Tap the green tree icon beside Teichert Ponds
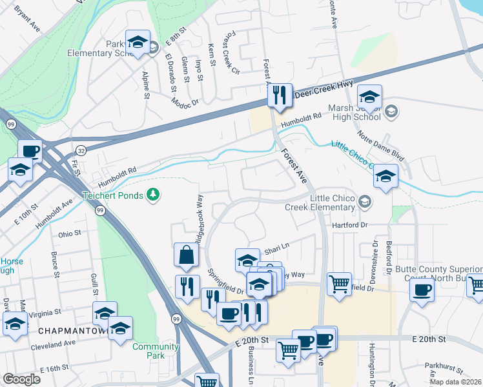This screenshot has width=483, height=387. (153, 194)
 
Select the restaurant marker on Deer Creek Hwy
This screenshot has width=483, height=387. (280, 95)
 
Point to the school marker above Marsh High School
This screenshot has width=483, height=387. (369, 97)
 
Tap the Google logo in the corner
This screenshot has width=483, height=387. (21, 379)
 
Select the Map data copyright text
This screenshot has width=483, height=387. (455, 382)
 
